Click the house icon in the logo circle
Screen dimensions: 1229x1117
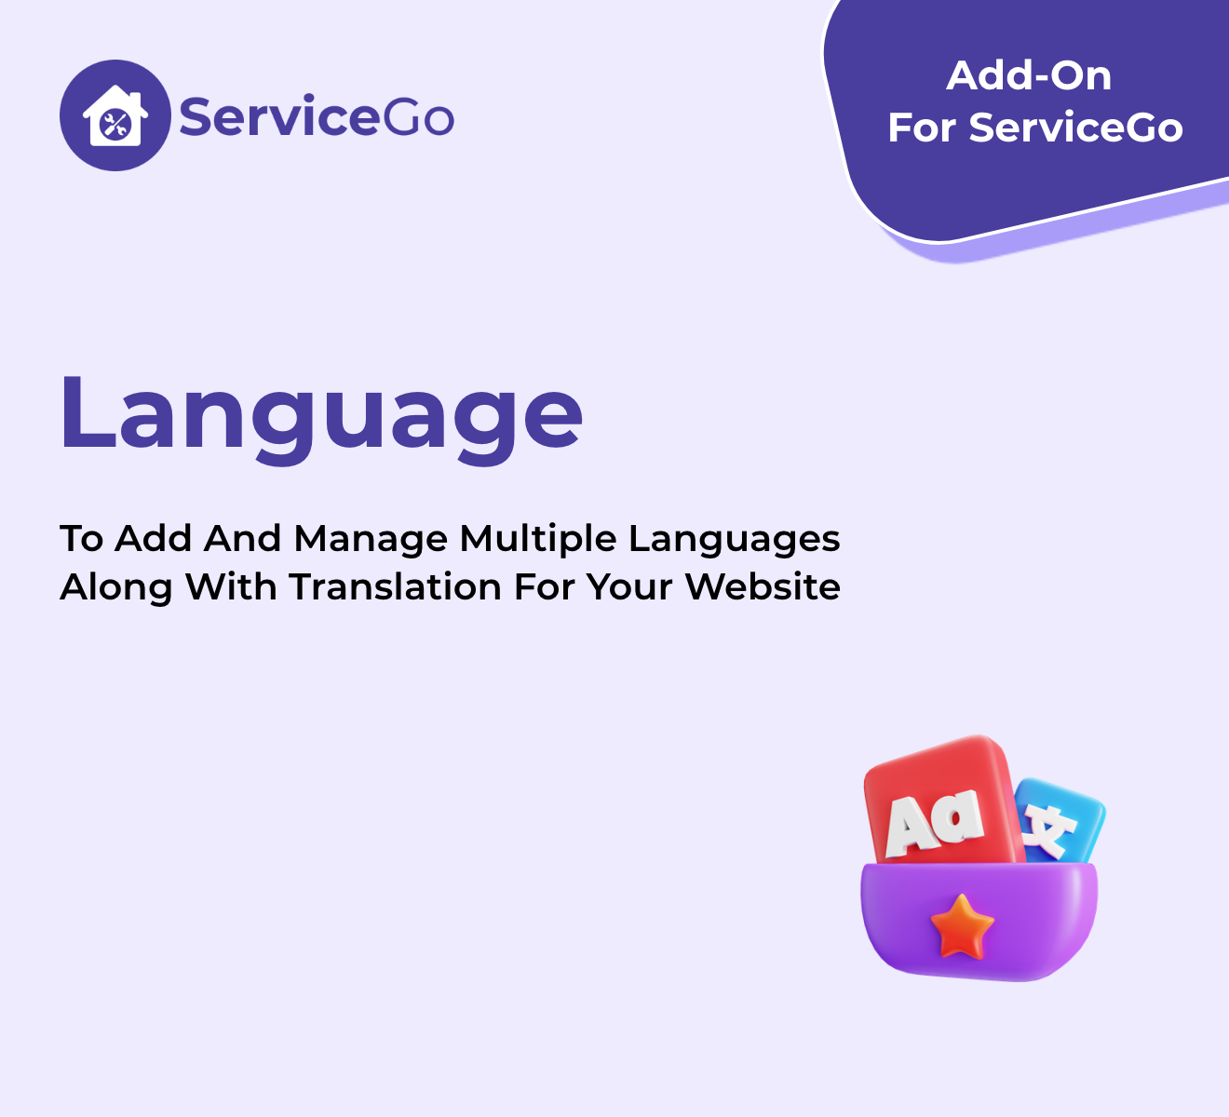(x=115, y=115)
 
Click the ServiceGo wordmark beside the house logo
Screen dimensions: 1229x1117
(x=317, y=115)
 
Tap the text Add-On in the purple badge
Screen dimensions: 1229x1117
(x=1029, y=75)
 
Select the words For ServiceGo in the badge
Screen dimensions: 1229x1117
(x=1034, y=127)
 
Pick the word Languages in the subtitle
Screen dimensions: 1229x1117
(x=734, y=540)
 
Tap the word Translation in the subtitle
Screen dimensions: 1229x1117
(x=396, y=586)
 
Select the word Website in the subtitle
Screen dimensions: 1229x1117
(x=763, y=586)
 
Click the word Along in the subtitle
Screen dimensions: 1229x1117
(x=115, y=588)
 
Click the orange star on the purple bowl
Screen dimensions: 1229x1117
(x=961, y=927)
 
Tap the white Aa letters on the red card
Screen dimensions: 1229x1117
(x=935, y=822)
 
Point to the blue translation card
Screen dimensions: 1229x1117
(x=1060, y=821)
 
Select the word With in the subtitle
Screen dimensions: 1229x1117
(x=231, y=586)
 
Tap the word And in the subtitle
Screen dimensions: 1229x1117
(x=243, y=539)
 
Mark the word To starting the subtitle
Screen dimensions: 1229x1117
(x=82, y=539)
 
